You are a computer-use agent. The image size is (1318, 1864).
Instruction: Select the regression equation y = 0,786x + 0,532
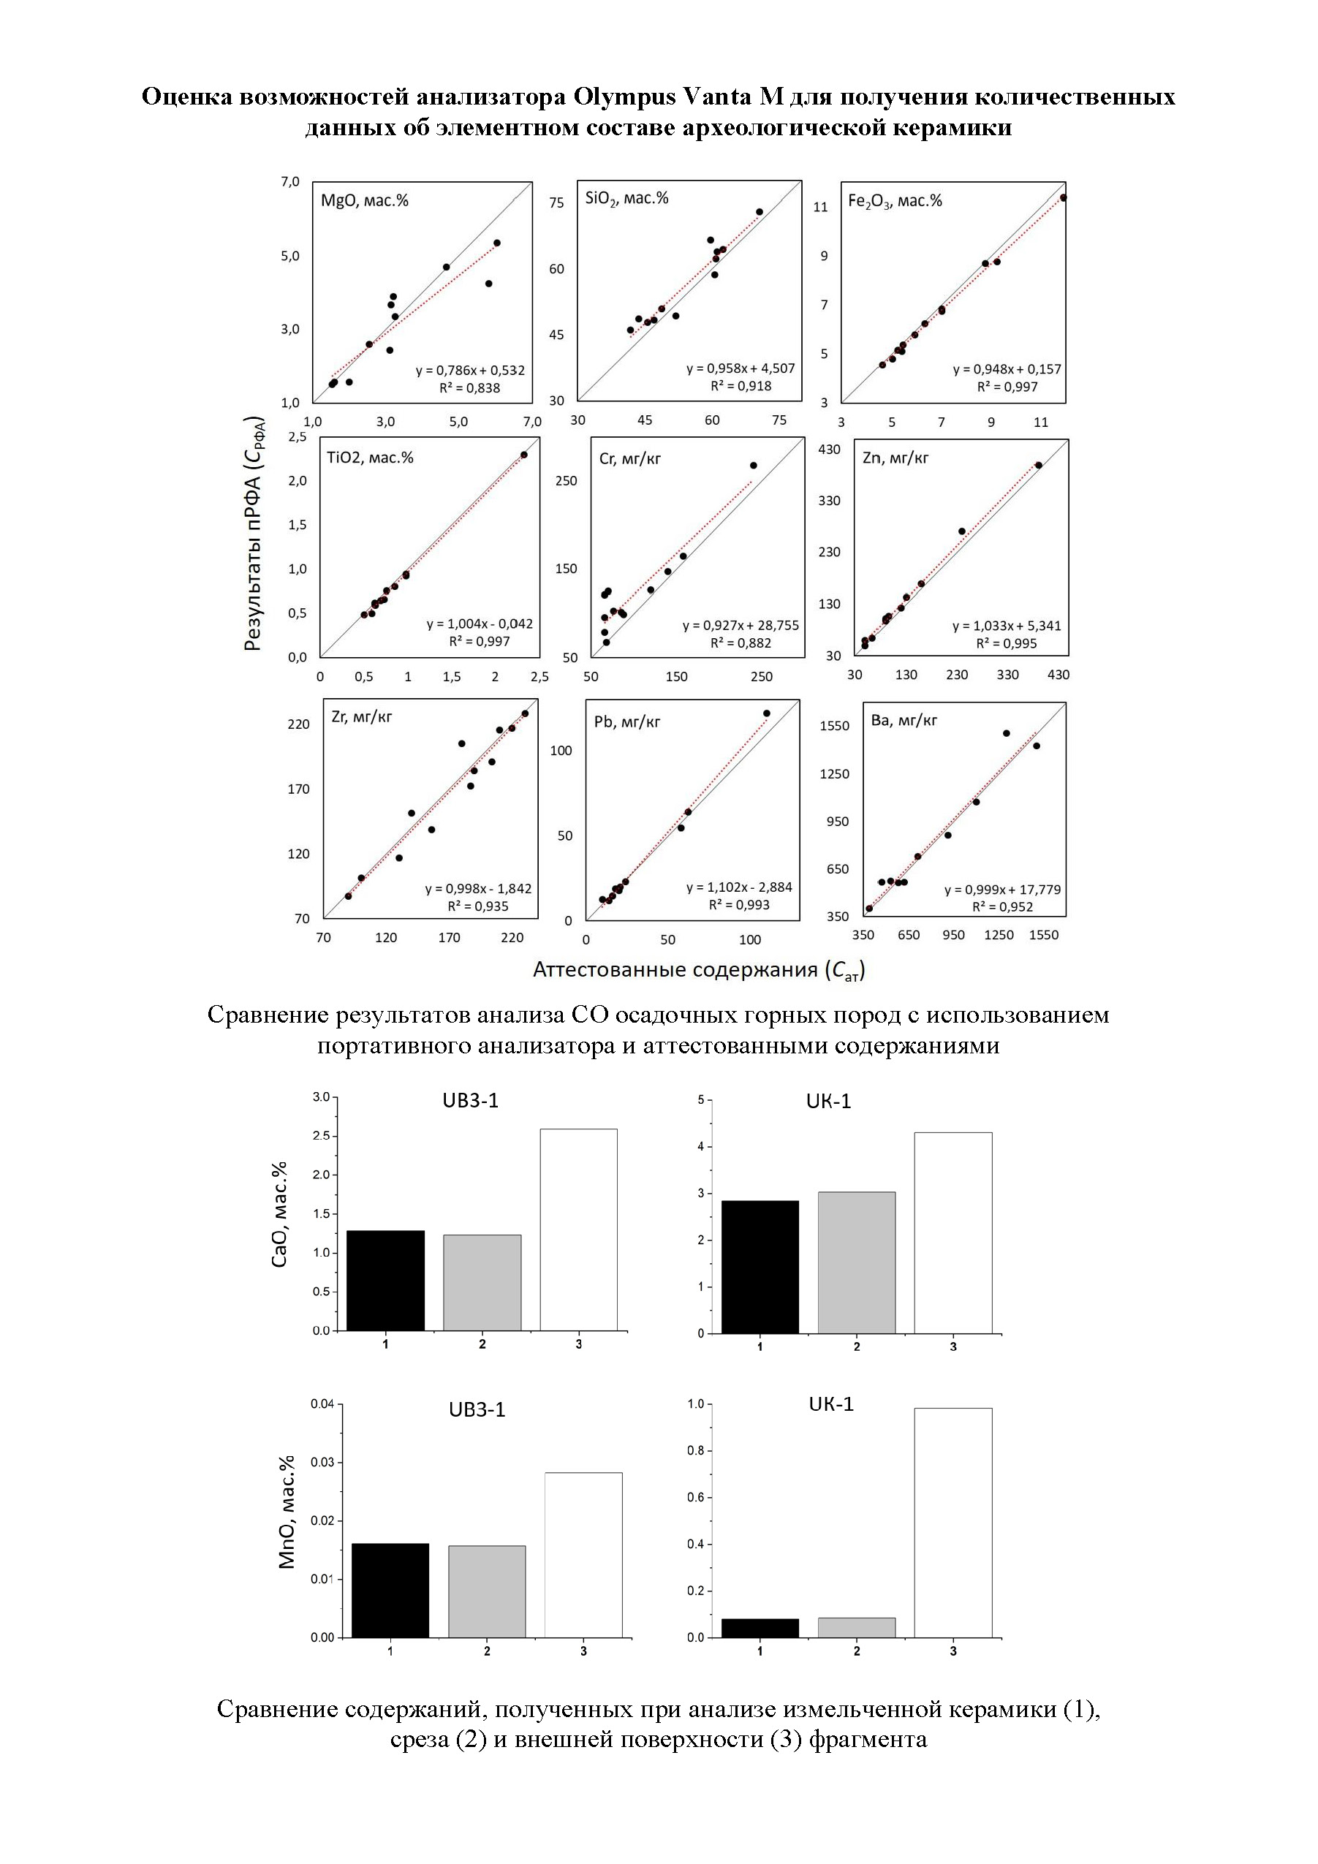(470, 370)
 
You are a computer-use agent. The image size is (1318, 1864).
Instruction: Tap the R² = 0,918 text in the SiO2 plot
(741, 387)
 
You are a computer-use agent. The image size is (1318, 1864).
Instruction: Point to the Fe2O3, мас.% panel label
(895, 200)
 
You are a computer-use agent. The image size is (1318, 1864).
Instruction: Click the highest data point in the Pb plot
(767, 713)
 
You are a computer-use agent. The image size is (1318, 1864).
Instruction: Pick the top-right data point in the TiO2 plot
(524, 455)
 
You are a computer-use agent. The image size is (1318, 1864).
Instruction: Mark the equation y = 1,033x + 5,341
(1006, 626)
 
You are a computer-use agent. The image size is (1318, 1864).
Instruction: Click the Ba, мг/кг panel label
(904, 720)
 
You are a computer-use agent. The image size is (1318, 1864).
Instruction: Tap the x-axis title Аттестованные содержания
(698, 969)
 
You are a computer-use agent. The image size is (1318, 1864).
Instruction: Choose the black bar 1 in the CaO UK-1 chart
(760, 1267)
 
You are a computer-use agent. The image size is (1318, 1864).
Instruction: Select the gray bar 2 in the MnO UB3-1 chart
(486, 1591)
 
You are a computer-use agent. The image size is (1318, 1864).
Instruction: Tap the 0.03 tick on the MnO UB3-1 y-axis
(322, 1462)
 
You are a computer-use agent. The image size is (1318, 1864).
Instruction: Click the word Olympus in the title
(624, 96)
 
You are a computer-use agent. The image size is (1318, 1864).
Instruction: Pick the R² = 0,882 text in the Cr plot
(741, 643)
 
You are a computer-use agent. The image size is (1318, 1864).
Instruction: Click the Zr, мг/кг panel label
(361, 717)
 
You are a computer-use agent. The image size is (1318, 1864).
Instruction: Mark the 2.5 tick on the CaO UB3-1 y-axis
(322, 1135)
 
